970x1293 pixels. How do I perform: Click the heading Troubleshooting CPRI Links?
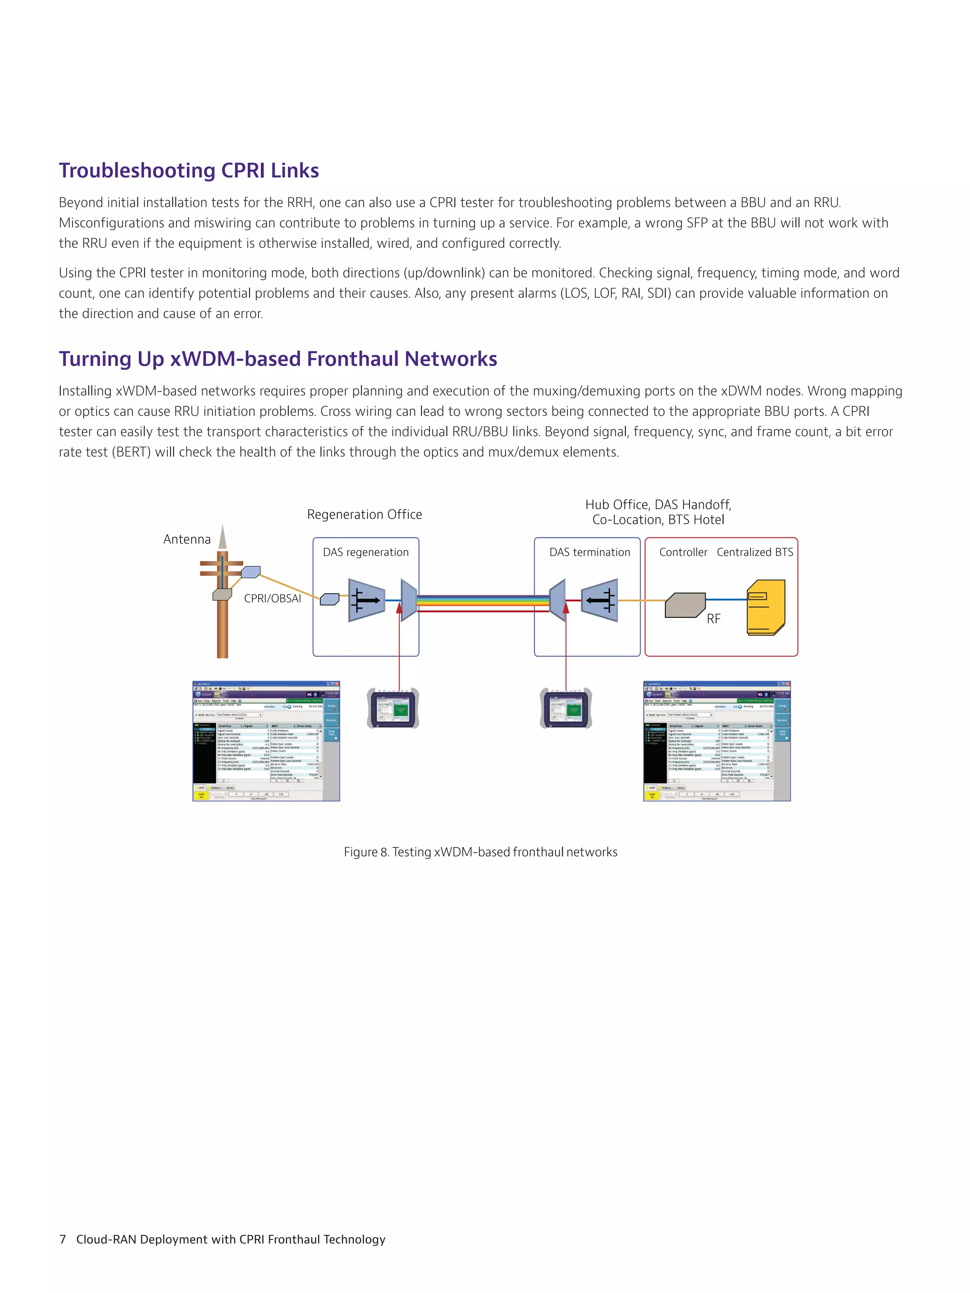189,171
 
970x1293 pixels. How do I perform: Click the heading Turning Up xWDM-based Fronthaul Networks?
278,359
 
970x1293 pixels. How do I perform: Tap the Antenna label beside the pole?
187,539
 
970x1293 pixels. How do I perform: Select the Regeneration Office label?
364,514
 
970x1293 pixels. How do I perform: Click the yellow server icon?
765,607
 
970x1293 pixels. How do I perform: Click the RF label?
713,619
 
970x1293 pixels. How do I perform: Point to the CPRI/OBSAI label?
272,598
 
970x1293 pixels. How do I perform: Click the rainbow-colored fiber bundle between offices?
482,600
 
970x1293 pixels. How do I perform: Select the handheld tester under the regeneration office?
393,708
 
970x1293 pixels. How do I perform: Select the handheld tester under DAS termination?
566,708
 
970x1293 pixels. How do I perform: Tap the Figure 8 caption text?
480,852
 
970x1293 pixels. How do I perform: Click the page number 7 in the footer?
63,1239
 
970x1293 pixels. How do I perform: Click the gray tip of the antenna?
223,538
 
